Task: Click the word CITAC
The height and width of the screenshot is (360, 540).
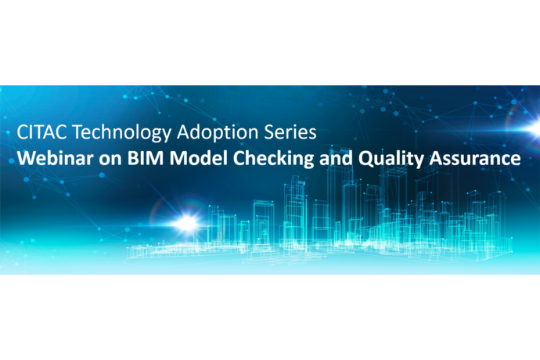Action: tap(41, 132)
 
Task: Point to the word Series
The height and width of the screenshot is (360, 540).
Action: tap(290, 132)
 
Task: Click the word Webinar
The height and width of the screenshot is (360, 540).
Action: tap(55, 158)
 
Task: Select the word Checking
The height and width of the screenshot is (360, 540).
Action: tap(273, 160)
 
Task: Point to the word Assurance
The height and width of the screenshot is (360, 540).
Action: tap(475, 158)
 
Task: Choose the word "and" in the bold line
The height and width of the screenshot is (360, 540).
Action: tap(336, 158)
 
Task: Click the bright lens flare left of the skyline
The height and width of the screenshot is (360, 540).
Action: tap(186, 223)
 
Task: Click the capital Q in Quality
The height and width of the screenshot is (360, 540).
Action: tap(365, 160)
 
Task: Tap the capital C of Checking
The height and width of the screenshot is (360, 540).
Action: tap(239, 158)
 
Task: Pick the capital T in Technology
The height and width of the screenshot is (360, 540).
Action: tap(78, 132)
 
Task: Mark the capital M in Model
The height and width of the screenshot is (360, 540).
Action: tap(178, 158)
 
